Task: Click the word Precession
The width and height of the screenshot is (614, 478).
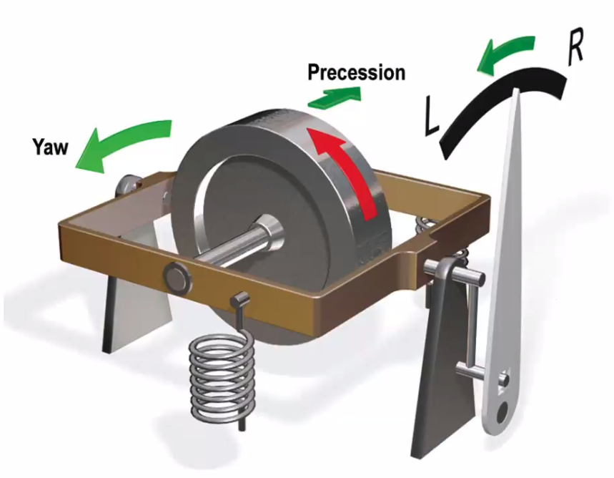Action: (356, 72)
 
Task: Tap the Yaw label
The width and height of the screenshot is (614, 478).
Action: (49, 147)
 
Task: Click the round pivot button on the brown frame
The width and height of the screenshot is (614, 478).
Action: (176, 275)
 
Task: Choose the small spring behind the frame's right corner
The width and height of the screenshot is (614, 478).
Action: (427, 225)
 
